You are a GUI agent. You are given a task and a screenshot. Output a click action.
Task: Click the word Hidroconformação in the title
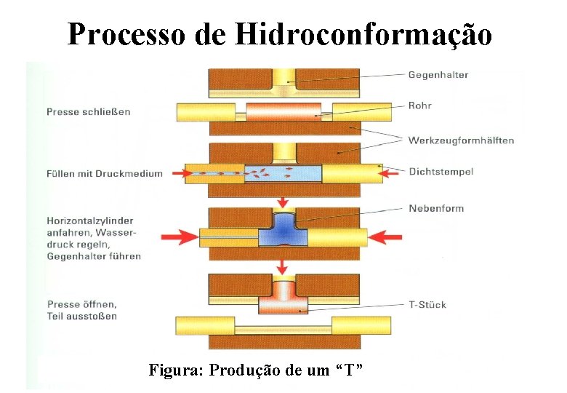(x=364, y=33)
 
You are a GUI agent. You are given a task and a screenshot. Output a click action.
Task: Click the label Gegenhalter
(x=438, y=75)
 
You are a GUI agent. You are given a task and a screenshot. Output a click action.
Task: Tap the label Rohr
(x=419, y=106)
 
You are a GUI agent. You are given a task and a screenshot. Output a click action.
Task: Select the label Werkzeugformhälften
(x=461, y=140)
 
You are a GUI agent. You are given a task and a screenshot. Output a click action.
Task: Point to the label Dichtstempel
(x=441, y=172)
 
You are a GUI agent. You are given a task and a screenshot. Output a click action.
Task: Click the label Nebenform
(x=435, y=208)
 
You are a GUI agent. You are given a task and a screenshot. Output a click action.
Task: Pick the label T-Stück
(x=427, y=305)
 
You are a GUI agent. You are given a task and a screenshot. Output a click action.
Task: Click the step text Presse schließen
(x=88, y=111)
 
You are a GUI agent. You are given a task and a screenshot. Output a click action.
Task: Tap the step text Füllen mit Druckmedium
(x=105, y=173)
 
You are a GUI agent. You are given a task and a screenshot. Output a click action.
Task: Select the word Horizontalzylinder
(x=90, y=221)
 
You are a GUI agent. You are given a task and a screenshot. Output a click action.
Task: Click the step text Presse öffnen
(x=81, y=304)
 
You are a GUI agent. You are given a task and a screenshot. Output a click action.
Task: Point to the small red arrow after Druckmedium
(x=174, y=173)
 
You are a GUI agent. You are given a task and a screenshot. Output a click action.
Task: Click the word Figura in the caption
(x=175, y=370)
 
